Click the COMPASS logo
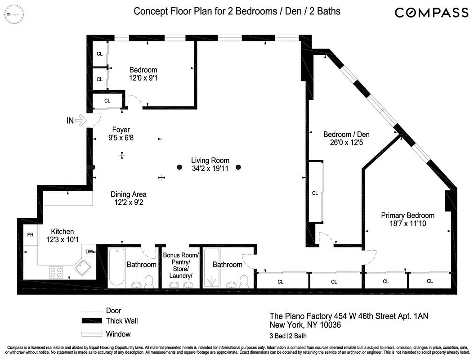point(431,12)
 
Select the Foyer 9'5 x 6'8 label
point(121,134)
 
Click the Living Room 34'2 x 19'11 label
point(210,164)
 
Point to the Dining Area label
point(129,198)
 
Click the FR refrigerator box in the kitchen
point(31,235)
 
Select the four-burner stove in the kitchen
point(56,272)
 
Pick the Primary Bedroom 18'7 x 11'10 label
point(407,220)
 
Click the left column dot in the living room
point(179,167)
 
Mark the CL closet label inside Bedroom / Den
point(315,193)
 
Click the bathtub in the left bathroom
point(116,267)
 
